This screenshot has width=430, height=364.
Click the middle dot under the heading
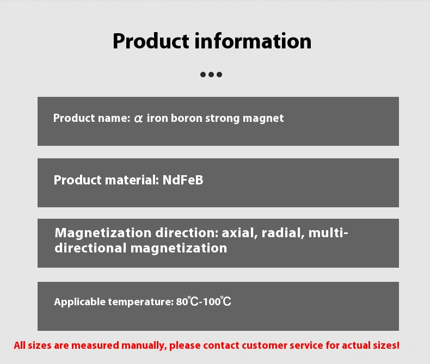pyautogui.click(x=211, y=75)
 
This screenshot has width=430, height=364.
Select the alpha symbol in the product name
pyautogui.click(x=138, y=118)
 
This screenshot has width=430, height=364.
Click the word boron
pyautogui.click(x=187, y=118)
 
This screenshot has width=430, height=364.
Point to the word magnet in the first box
pyautogui.click(x=265, y=118)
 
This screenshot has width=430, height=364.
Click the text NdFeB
pyautogui.click(x=183, y=180)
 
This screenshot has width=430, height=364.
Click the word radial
pyautogui.click(x=282, y=233)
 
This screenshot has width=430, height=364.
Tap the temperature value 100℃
pyautogui.click(x=217, y=301)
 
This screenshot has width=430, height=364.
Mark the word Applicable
pyautogui.click(x=78, y=302)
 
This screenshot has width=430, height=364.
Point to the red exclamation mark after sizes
pyautogui.click(x=397, y=345)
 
